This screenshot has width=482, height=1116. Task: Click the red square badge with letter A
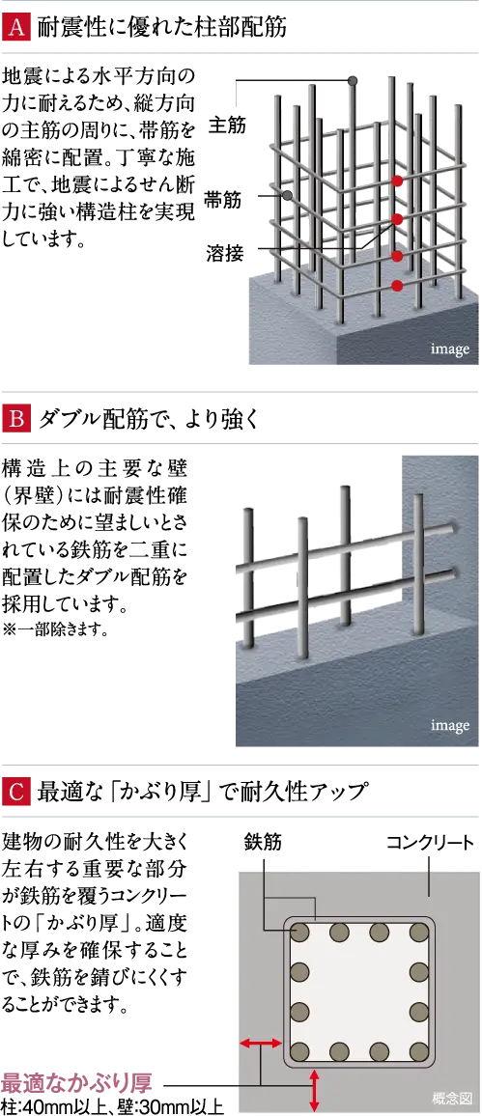point(15,28)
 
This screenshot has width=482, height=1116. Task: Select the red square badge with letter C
point(15,791)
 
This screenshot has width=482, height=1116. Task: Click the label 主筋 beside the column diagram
point(227,126)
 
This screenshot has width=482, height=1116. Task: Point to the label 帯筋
point(222,198)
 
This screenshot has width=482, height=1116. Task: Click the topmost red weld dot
point(397,181)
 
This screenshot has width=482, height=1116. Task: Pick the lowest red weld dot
point(397,286)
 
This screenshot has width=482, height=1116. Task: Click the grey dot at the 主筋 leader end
point(352,81)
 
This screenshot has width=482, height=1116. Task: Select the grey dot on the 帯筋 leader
point(288,195)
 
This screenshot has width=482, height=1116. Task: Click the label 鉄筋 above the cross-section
point(263,843)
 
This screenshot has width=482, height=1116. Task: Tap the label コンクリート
point(430,843)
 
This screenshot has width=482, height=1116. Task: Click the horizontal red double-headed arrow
point(260,1044)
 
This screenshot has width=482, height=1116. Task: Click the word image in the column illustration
point(450,349)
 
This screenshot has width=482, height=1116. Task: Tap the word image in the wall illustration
point(450,727)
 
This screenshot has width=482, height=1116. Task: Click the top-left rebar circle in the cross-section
point(300,931)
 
